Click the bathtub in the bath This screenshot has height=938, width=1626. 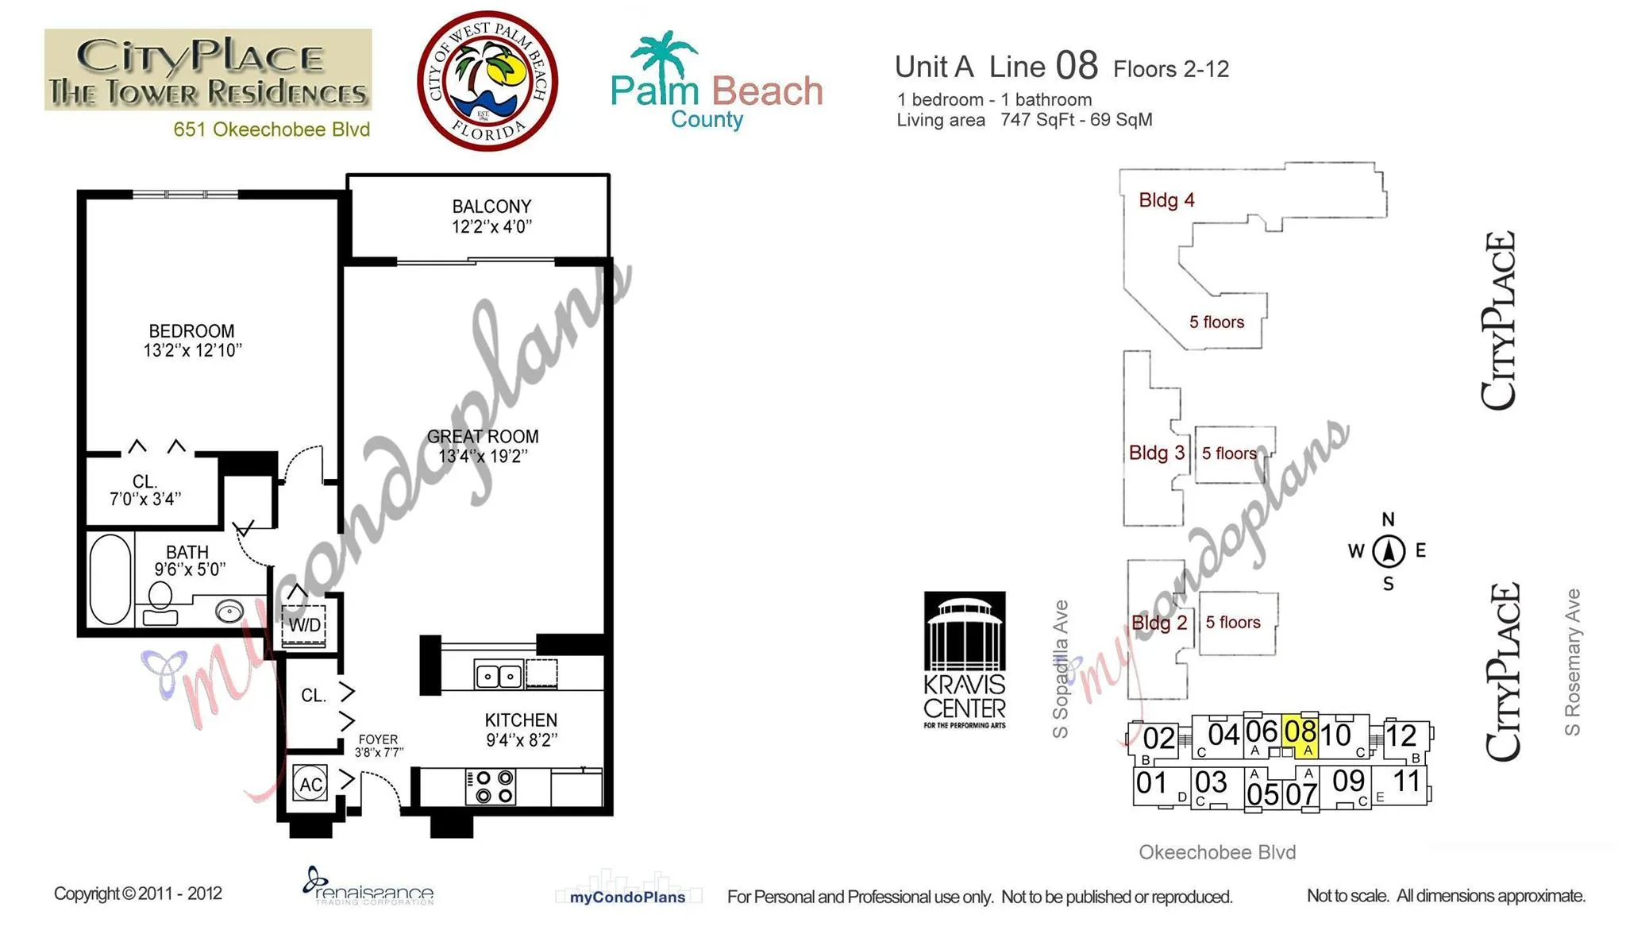[111, 579]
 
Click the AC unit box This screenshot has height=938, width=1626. [310, 784]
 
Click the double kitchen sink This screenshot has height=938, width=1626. [499, 675]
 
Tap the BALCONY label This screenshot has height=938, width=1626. [491, 207]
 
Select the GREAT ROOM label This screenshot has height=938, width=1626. [483, 437]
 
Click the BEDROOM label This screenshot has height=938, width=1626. [191, 331]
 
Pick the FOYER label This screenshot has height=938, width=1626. [378, 739]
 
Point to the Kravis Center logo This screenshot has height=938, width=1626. [965, 660]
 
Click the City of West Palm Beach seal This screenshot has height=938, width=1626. [487, 81]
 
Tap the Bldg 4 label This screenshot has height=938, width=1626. [1166, 200]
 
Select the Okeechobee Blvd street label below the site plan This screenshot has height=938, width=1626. [1217, 852]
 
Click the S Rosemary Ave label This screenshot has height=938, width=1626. [1573, 662]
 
